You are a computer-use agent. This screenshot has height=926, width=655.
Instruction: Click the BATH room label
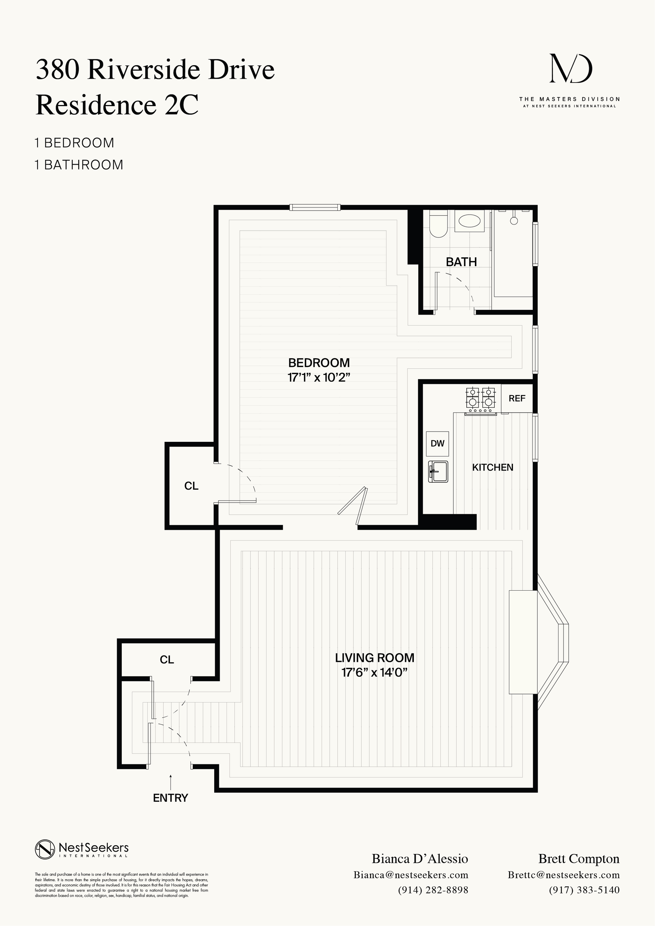[x=461, y=262]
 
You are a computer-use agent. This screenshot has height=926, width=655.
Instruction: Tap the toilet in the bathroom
[x=438, y=226]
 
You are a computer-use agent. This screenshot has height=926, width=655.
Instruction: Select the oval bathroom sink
[x=470, y=221]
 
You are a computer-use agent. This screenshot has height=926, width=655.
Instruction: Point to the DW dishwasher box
[x=437, y=444]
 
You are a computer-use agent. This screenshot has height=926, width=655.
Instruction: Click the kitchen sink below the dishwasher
[x=438, y=472]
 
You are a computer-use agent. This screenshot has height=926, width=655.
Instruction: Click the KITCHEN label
[x=493, y=467]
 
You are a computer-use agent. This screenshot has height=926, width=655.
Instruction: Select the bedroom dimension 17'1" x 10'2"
[x=319, y=378]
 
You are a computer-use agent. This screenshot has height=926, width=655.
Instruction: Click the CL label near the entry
[x=166, y=660]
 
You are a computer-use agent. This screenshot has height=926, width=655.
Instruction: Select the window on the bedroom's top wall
[x=315, y=208]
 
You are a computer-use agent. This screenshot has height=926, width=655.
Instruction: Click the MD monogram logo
[x=571, y=69]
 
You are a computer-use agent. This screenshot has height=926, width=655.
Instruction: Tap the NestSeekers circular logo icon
[x=45, y=849]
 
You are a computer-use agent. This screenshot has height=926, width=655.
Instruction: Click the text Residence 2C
[x=117, y=105]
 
